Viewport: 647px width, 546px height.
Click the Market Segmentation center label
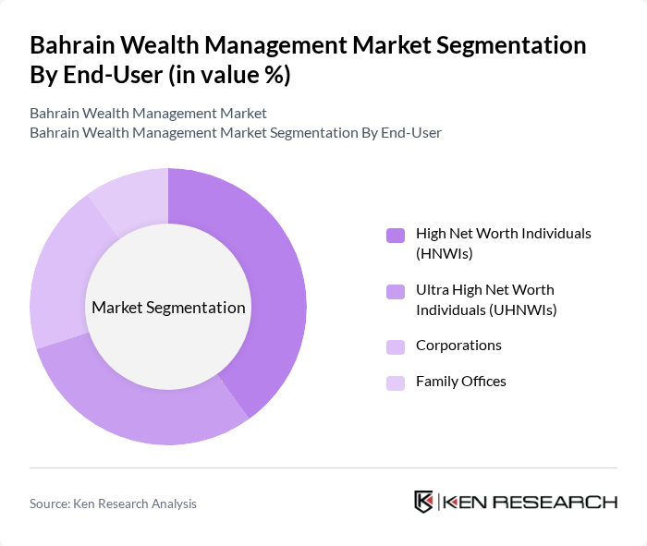coord(168,308)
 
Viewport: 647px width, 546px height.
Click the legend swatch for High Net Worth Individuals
coord(396,235)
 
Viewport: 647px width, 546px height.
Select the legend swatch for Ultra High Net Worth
coord(396,292)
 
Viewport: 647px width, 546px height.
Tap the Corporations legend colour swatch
coord(396,346)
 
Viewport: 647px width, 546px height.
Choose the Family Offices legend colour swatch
coord(396,382)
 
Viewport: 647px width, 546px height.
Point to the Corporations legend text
coord(458,346)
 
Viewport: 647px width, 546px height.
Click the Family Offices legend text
coord(461,382)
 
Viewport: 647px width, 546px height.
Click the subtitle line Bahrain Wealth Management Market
coord(148,114)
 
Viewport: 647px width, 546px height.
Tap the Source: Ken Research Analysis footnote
coord(113,504)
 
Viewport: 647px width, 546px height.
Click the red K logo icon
coord(424,502)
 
